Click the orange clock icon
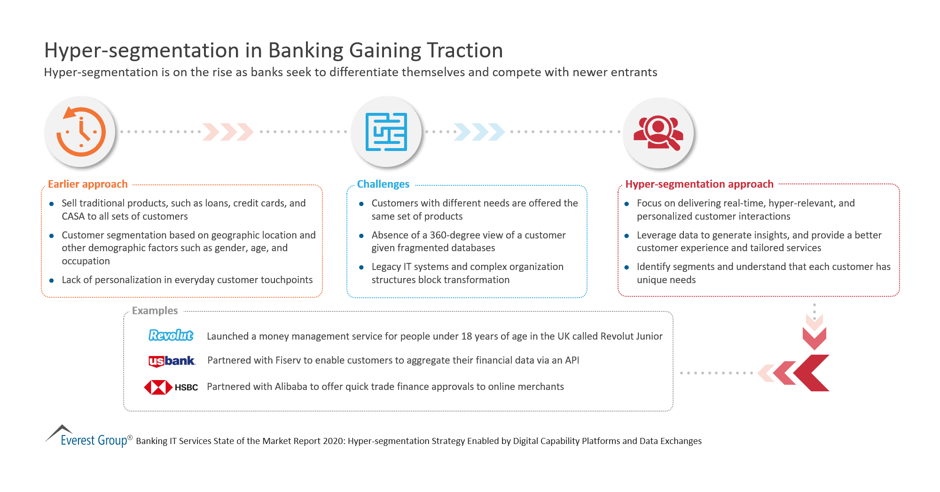(81, 132)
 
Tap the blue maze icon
(386, 132)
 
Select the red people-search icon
(658, 132)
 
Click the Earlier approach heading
(88, 184)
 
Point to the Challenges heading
(383, 184)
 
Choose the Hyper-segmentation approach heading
(699, 184)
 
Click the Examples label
(155, 310)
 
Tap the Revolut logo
(171, 335)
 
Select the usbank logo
(172, 361)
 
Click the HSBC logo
(171, 387)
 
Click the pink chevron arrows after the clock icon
(228, 132)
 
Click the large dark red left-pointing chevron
(813, 373)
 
